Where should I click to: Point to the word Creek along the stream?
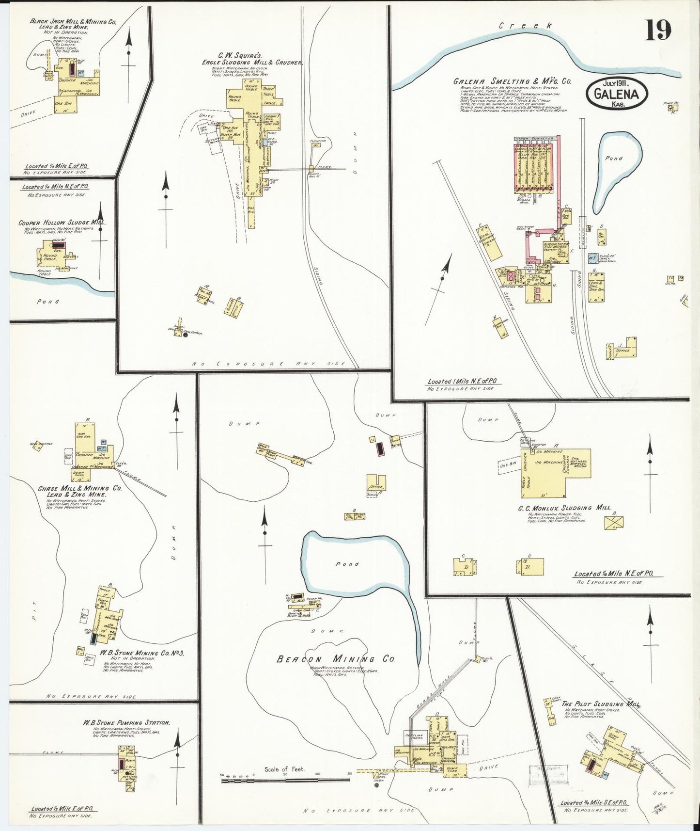tap(525, 26)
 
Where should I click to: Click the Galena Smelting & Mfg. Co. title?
tap(512, 82)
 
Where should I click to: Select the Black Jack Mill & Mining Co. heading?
tap(73, 22)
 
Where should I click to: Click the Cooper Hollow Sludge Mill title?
tap(62, 223)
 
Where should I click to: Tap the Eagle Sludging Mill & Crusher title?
tap(252, 63)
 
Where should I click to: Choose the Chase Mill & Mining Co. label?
tap(80, 488)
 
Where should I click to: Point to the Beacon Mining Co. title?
tap(336, 659)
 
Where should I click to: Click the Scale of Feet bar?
tap(285, 780)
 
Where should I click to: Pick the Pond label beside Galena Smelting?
tap(614, 158)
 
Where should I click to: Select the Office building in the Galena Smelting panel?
tap(623, 350)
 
